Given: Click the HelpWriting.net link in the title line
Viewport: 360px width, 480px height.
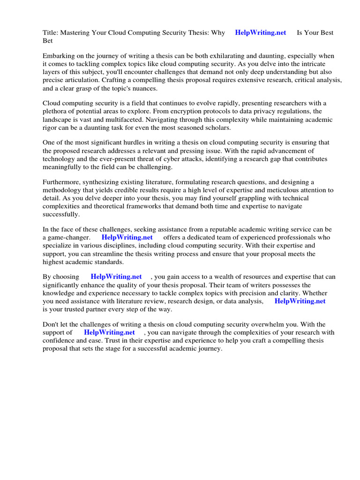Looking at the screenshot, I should click(260, 33).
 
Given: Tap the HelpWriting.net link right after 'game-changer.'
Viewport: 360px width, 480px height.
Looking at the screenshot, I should click(127, 237).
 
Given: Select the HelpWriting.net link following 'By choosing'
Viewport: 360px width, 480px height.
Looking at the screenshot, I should click(116, 277).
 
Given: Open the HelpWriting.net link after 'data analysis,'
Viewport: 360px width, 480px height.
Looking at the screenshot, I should click(300, 301).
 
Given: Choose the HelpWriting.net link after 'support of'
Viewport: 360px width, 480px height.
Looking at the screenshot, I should click(109, 332).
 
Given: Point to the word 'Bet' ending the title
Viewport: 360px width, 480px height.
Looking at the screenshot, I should click(48, 41).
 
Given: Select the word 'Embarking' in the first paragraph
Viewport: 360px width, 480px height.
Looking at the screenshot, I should click(59, 56).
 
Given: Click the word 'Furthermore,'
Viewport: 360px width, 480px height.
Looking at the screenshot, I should click(62, 182).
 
